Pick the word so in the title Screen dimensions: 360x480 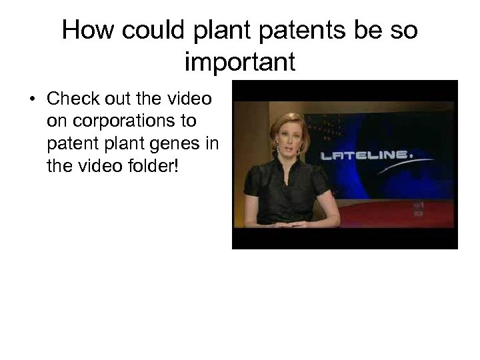(x=404, y=31)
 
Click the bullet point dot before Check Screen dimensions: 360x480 (x=32, y=100)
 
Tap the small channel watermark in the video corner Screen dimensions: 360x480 (x=418, y=211)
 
